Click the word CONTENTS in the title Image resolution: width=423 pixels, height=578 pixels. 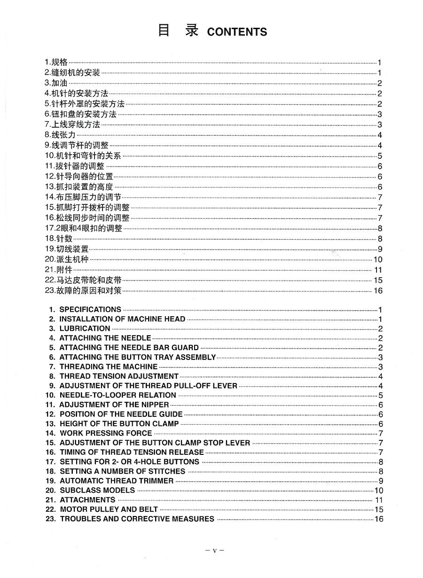(237, 32)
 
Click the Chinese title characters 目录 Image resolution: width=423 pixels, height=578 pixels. (178, 31)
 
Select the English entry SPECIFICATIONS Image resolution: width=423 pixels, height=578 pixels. (90, 310)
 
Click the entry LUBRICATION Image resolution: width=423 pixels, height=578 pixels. (85, 328)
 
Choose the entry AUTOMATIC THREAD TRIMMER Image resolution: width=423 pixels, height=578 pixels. (117, 481)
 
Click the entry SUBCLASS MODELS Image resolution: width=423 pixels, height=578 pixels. (97, 490)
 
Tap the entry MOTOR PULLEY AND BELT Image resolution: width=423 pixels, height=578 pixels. (109, 509)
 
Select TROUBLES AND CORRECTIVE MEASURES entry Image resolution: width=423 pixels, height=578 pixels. (137, 519)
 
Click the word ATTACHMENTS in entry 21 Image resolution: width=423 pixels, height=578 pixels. (87, 500)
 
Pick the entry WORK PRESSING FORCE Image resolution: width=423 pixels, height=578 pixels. (106, 433)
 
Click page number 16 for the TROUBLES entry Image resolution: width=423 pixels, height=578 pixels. (379, 519)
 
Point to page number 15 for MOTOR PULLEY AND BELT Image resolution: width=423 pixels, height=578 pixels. (379, 509)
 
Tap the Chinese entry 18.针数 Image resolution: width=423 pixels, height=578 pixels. (59, 239)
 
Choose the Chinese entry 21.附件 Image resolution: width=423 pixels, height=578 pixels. (59, 270)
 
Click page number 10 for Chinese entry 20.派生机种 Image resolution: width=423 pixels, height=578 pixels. (378, 259)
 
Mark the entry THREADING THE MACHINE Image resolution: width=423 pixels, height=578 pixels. (109, 367)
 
